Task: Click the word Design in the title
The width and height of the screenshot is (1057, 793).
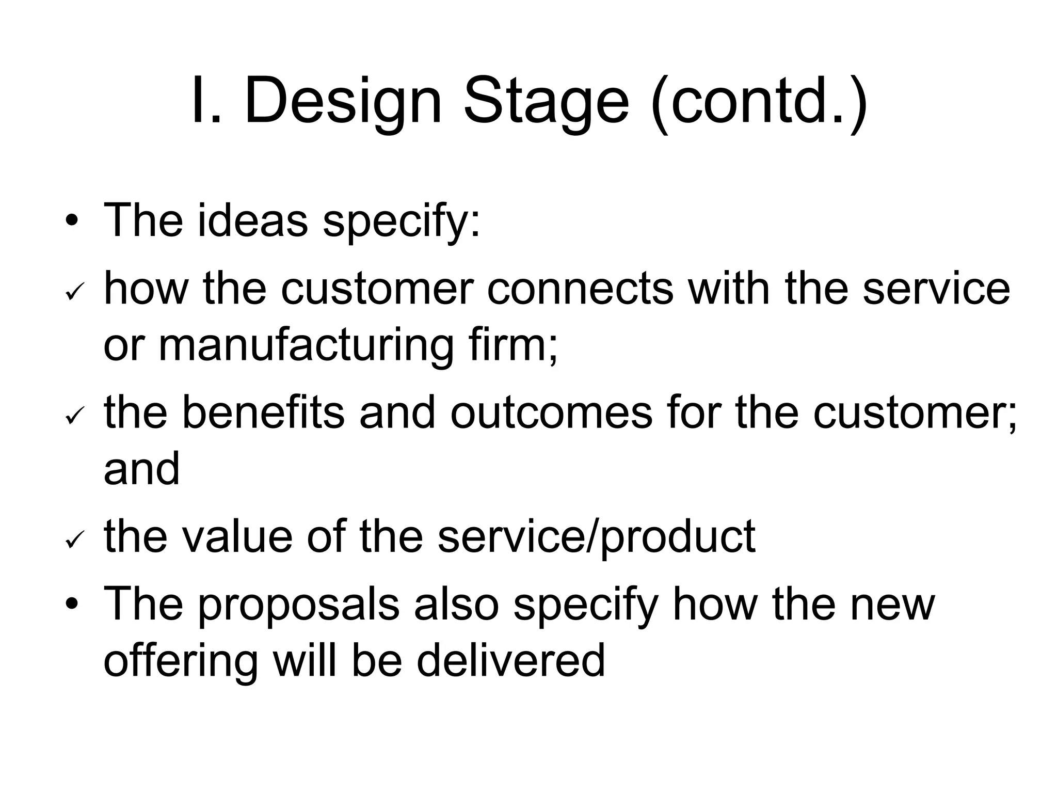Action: click(x=343, y=101)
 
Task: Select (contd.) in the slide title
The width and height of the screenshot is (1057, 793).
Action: click(x=759, y=101)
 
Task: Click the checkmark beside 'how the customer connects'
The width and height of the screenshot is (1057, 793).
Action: click(x=72, y=294)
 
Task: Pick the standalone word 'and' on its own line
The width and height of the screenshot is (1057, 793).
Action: click(x=141, y=468)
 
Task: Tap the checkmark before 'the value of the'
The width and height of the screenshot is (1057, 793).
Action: click(x=72, y=541)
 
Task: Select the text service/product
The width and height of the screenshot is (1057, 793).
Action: click(x=596, y=537)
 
